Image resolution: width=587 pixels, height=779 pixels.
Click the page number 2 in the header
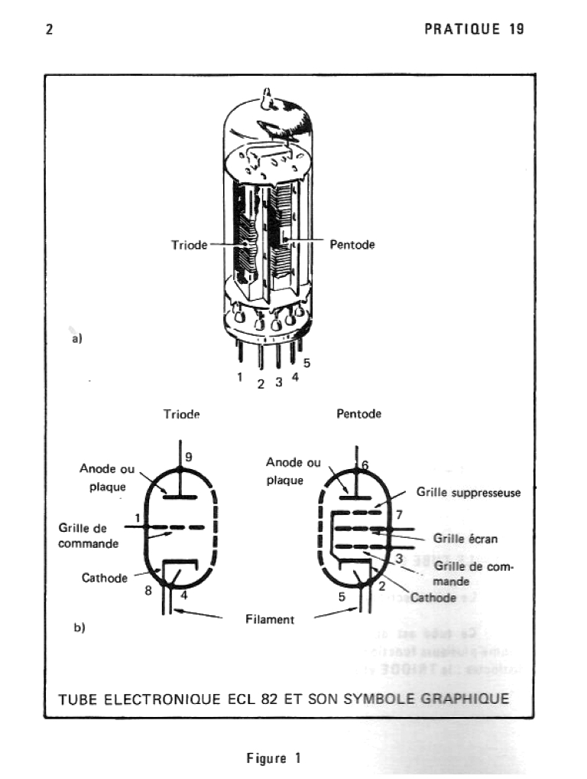49,30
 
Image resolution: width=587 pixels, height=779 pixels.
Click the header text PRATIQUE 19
474,30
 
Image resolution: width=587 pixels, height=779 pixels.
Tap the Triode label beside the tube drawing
189,246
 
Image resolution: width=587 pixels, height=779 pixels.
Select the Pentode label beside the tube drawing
352,246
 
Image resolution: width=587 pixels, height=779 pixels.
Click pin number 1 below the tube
239,376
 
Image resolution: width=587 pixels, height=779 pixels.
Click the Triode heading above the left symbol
181,414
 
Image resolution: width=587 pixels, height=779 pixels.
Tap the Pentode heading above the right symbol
358,414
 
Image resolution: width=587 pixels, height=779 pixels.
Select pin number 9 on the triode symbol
188,457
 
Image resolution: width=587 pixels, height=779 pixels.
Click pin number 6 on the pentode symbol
365,464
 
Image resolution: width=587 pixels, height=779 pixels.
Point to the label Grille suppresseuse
468,493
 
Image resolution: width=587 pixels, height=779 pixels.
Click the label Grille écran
465,539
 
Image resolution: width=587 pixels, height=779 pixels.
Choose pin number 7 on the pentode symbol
398,514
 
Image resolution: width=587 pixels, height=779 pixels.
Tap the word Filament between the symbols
269,620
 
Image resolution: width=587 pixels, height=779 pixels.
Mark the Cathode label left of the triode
104,578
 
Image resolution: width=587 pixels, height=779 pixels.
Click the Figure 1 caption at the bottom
273,758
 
